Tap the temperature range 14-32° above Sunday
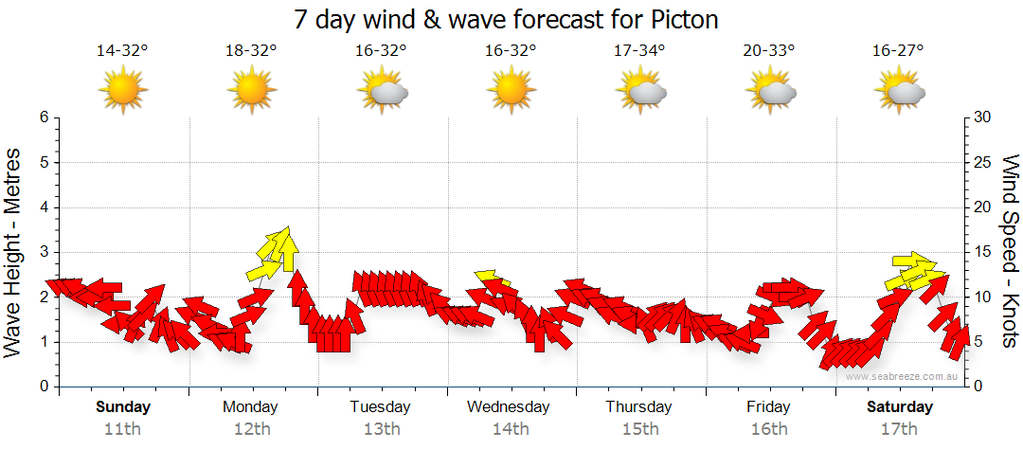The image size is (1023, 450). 122,51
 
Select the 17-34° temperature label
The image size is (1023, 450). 639,51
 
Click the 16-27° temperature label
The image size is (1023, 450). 898,51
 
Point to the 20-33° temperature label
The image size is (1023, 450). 768,51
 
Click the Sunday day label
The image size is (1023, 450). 122,407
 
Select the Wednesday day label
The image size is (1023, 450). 509,407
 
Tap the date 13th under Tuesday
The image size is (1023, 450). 381,428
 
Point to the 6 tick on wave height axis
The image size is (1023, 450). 44,117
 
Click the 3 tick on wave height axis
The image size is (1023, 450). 44,252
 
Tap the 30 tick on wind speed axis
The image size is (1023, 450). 984,117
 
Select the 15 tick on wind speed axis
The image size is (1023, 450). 984,252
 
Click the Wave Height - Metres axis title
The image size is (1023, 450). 15,252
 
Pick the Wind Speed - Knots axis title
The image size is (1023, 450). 1010,252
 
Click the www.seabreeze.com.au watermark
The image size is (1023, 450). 903,376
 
